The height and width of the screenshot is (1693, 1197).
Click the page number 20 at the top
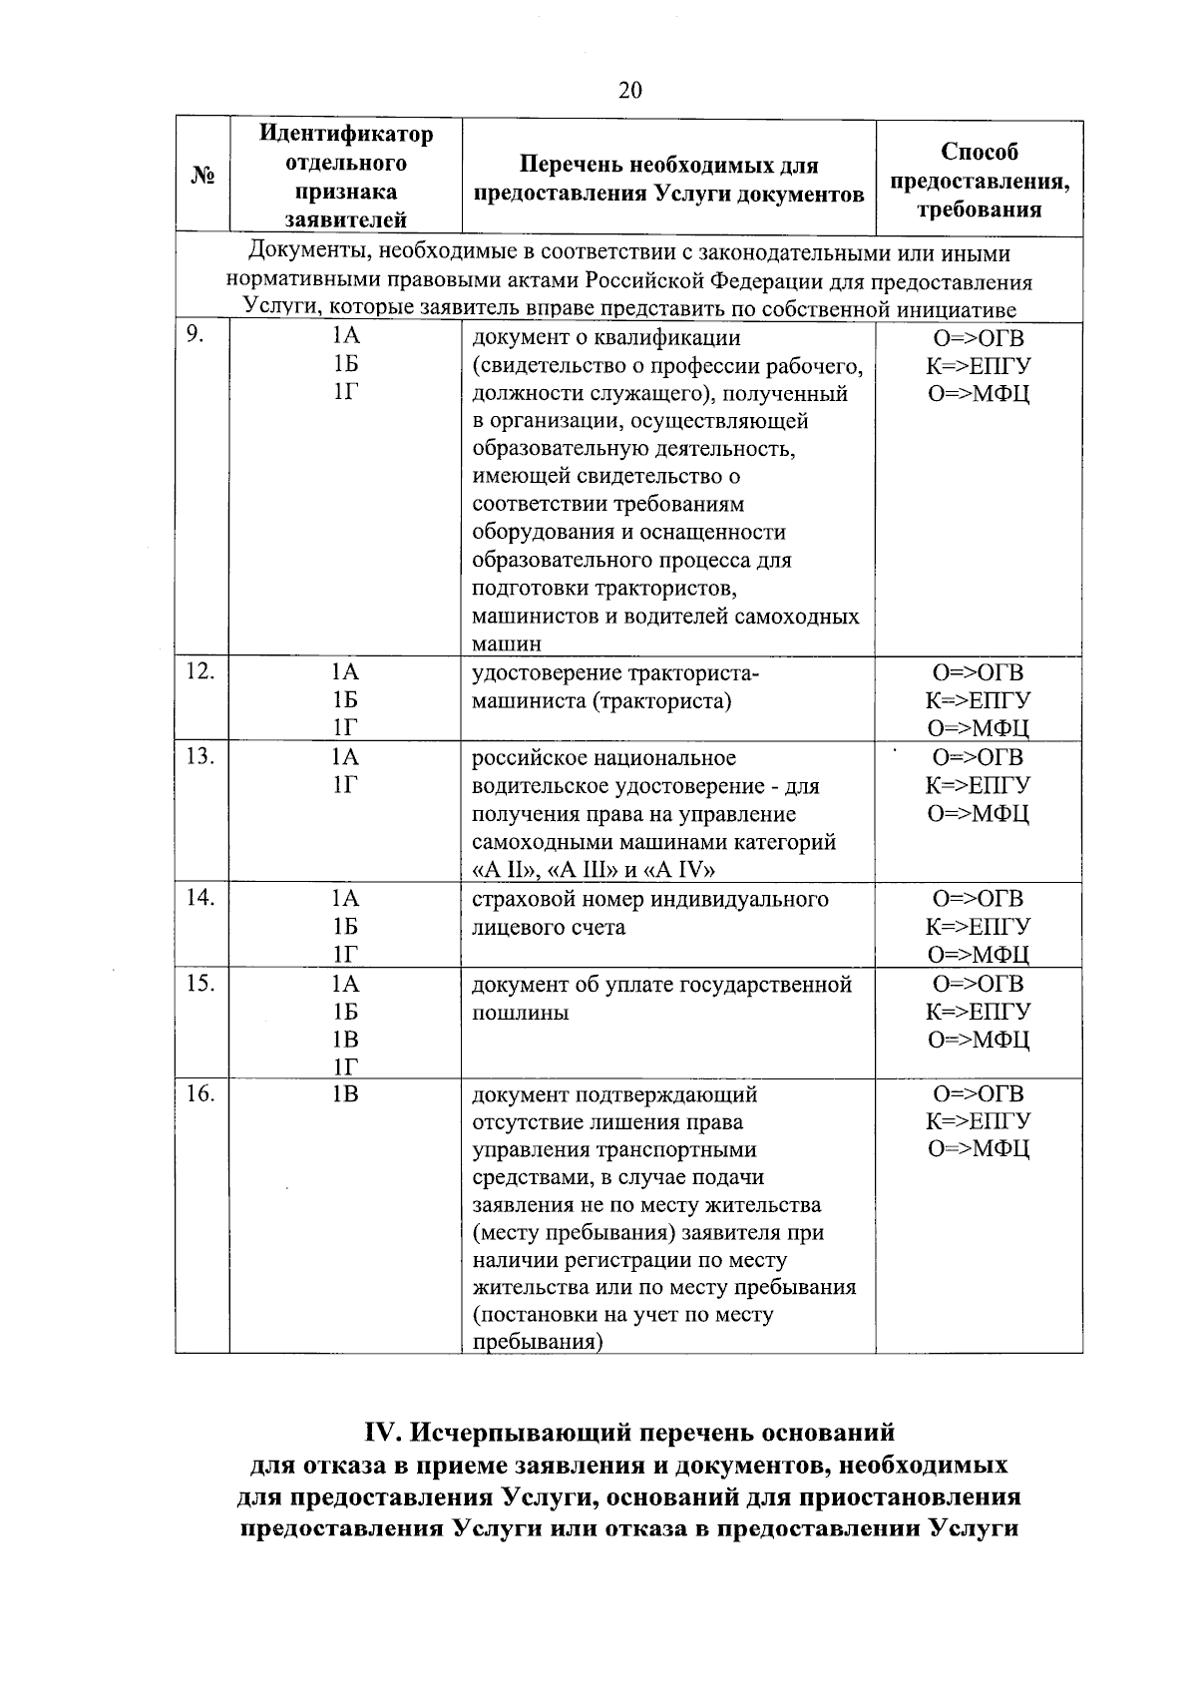click(630, 91)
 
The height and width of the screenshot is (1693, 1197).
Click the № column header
click(202, 177)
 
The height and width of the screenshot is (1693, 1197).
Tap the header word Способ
click(979, 153)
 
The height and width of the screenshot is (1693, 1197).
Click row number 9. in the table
click(196, 336)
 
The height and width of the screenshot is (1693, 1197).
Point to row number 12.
click(199, 671)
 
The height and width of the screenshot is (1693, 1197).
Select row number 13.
click(199, 756)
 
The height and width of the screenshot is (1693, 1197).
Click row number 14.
click(199, 898)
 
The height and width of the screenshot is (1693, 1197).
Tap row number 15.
click(199, 983)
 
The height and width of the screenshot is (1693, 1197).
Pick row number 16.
click(199, 1093)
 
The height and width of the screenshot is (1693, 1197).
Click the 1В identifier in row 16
click(345, 1094)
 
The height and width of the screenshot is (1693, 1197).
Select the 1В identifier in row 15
click(345, 1040)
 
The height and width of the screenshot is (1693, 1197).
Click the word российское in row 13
click(528, 758)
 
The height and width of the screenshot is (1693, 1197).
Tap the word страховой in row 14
click(521, 900)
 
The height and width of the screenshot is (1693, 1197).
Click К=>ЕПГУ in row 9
click(979, 366)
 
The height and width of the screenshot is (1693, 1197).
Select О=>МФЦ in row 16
click(979, 1149)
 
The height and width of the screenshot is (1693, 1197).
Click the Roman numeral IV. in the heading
click(382, 1434)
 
